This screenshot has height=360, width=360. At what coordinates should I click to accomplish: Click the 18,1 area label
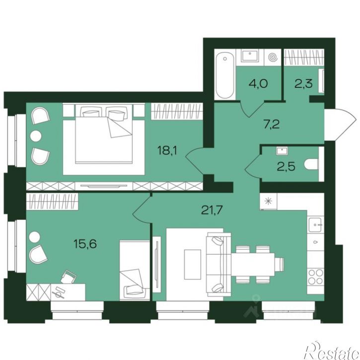tap(167, 151)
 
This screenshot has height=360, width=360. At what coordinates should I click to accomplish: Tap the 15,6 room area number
tap(85, 243)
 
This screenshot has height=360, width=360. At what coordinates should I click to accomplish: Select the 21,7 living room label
tap(212, 210)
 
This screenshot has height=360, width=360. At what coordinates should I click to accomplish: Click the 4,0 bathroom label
tap(258, 83)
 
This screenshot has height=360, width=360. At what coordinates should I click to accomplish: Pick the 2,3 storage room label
tap(303, 83)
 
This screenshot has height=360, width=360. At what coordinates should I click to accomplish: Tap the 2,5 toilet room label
tap(286, 166)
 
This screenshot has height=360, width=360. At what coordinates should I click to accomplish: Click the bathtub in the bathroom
tap(225, 76)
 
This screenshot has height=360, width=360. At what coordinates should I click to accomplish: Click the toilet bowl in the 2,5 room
tap(311, 164)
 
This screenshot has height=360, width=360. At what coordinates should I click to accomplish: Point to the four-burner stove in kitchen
tap(316, 277)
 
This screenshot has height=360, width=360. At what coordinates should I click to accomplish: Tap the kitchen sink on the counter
tap(316, 225)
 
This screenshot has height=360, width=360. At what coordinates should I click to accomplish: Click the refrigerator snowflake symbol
tap(268, 201)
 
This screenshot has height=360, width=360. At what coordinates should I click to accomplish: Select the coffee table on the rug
tap(192, 264)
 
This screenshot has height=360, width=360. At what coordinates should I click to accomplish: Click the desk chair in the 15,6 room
tap(68, 277)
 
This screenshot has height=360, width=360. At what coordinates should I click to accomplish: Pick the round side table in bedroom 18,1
tap(36, 136)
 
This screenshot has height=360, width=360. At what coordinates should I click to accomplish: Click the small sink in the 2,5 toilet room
tap(283, 151)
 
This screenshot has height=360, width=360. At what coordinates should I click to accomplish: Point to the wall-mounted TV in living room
tap(157, 264)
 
